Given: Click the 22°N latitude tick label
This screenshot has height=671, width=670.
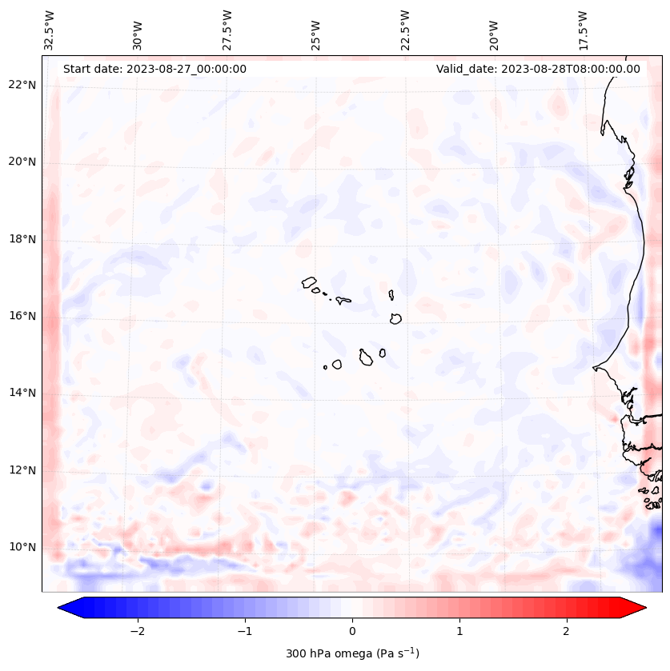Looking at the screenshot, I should (x=22, y=85).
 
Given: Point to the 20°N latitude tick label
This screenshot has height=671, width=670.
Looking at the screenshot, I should (x=22, y=162).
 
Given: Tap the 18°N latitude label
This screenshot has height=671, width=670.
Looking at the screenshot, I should (x=22, y=239).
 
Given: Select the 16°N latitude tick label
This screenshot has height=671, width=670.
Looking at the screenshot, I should (x=22, y=316).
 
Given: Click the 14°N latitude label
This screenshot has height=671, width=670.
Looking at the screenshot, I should (x=22, y=393).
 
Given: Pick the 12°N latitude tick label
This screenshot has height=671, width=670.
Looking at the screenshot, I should (x=22, y=470).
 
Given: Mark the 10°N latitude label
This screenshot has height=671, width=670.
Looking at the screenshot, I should (x=22, y=547).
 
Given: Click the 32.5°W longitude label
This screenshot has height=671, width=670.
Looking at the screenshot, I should (x=50, y=30).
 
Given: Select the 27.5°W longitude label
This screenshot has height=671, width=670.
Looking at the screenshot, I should (x=227, y=30).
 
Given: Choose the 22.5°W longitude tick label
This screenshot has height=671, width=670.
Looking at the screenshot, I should (x=405, y=30).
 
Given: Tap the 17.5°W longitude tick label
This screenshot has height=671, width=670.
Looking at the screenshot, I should (x=583, y=30).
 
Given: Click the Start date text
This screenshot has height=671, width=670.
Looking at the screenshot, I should (x=154, y=69).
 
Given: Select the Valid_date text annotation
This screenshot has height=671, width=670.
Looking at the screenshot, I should (x=538, y=69).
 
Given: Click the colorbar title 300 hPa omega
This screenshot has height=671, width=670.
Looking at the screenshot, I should (x=352, y=653).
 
